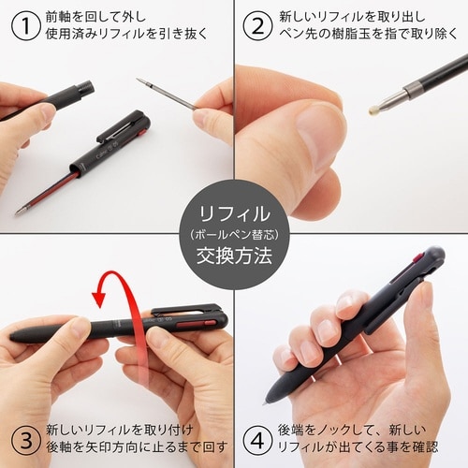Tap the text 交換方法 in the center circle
234,253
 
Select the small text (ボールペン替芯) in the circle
235,233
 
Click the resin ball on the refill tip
375,110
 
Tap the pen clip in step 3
187,312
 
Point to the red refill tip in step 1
20,210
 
